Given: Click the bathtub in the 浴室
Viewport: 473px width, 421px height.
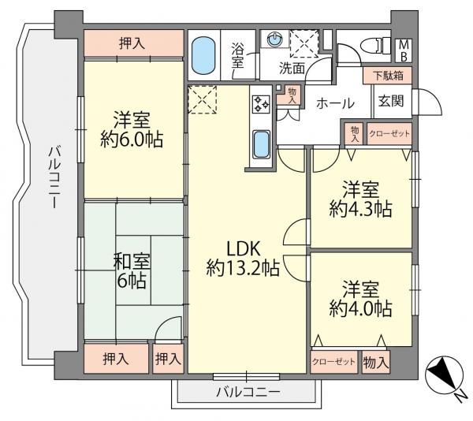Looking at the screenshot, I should pos(203,54).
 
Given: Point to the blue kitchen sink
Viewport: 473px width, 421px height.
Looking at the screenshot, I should pos(261,145).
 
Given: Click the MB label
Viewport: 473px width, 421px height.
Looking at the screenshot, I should pos(402,51).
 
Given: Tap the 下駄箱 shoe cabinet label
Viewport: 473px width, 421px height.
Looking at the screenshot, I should pos(387,76).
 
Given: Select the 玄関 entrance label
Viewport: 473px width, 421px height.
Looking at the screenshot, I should pos(391,101).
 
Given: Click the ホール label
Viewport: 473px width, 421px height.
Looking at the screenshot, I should pos(335,102).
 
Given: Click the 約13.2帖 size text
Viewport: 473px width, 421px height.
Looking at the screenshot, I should pos(243,268).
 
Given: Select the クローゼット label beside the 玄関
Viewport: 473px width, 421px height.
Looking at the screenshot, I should pos(390,134).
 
